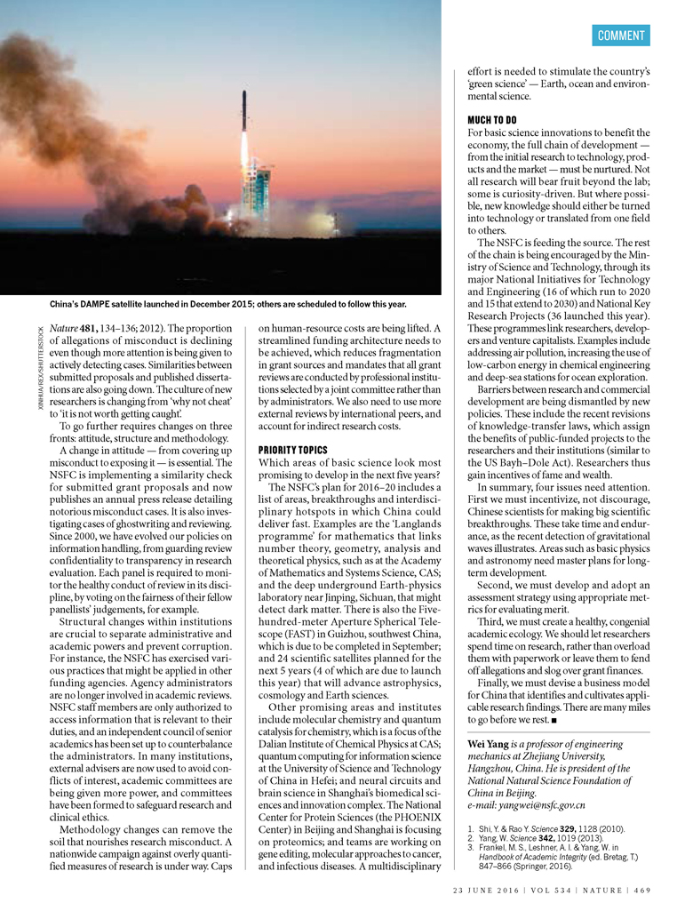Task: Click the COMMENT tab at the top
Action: [x=621, y=35]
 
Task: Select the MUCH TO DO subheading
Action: [x=492, y=119]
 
